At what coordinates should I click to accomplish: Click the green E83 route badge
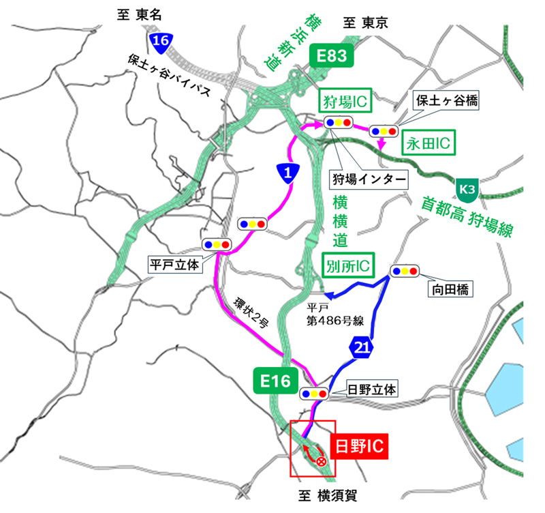(x=332, y=55)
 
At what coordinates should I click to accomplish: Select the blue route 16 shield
(x=161, y=42)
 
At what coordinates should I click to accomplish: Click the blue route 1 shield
(x=289, y=173)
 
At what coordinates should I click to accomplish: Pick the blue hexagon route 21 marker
(x=362, y=348)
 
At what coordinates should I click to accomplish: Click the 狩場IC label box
(x=345, y=104)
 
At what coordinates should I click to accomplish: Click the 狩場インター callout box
(x=369, y=180)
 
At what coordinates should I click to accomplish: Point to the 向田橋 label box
(x=450, y=290)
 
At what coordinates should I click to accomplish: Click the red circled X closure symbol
(x=322, y=462)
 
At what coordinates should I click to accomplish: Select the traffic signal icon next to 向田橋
(x=405, y=270)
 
